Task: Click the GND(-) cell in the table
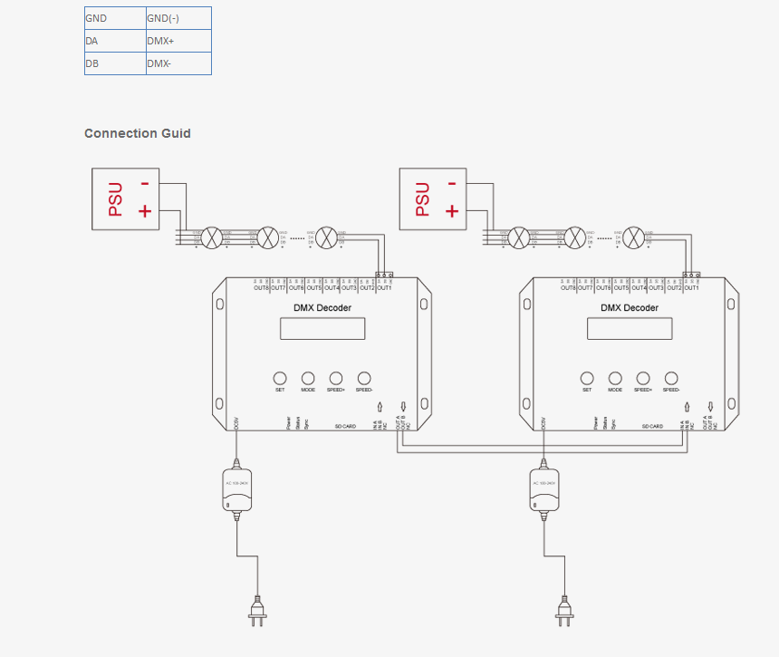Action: [178, 18]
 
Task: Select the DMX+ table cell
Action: [178, 41]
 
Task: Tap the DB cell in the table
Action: [115, 63]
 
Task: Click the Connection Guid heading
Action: [138, 133]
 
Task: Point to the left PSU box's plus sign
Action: [144, 211]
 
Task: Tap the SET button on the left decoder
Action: [280, 378]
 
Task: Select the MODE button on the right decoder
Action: [615, 378]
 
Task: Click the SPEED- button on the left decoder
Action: [365, 378]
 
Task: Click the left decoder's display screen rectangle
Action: [322, 328]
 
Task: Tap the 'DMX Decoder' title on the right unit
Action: [630, 308]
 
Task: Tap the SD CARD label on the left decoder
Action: [346, 425]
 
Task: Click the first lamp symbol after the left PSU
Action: [212, 237]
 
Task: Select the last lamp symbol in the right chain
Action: [635, 237]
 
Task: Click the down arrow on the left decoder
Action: [403, 407]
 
